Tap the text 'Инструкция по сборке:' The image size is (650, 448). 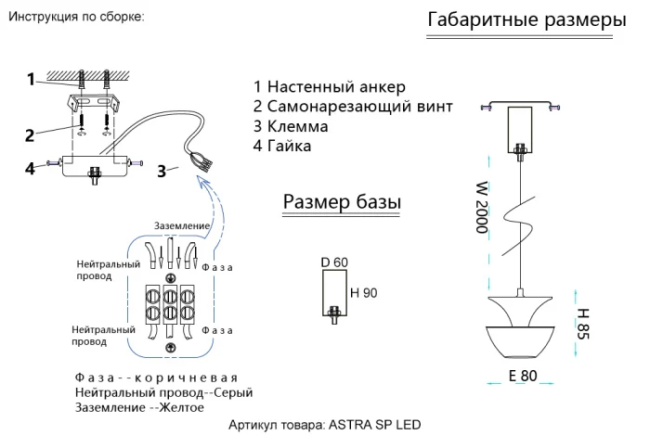(x=75, y=18)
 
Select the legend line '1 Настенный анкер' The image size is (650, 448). (x=329, y=87)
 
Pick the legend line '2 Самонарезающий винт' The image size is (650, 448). (x=353, y=107)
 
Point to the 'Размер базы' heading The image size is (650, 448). (x=342, y=202)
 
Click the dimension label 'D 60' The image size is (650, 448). (x=334, y=262)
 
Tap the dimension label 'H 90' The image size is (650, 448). (x=364, y=293)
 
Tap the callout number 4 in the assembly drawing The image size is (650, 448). (x=30, y=168)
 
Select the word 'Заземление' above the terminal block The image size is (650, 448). (x=182, y=226)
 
